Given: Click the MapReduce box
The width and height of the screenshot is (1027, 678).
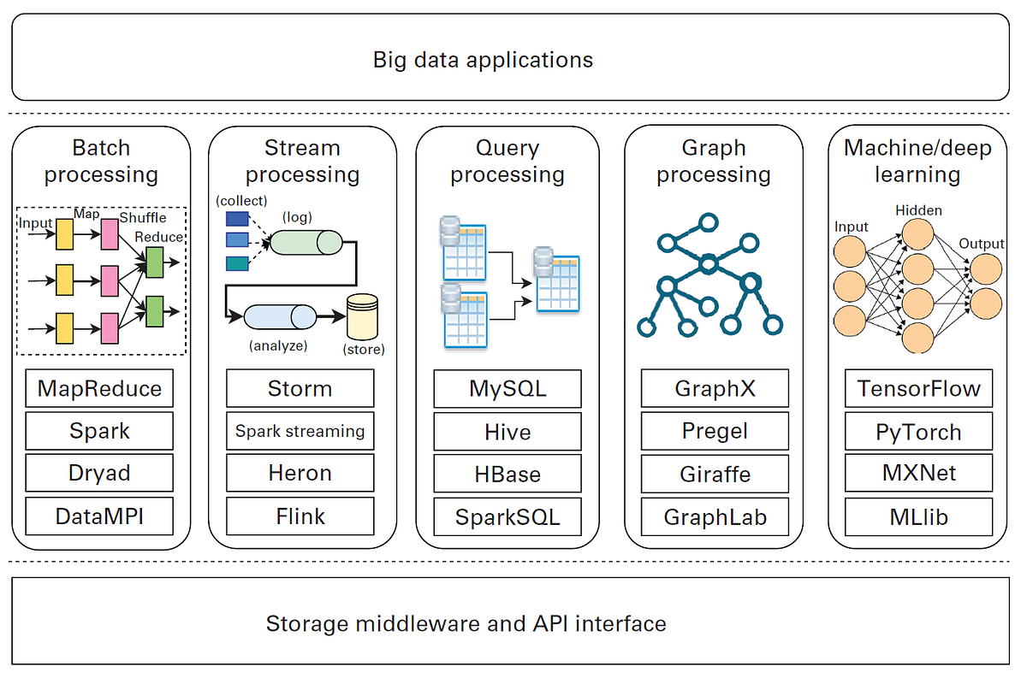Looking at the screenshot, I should [x=99, y=388].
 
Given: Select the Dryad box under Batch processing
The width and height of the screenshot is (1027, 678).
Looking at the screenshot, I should [x=99, y=474].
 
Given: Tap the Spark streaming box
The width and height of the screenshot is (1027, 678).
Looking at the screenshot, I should [x=300, y=431].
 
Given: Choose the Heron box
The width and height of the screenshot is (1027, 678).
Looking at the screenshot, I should [x=300, y=474].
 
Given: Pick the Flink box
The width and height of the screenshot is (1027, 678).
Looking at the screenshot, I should [x=300, y=516].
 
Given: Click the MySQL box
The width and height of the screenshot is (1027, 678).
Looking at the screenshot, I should [x=508, y=388].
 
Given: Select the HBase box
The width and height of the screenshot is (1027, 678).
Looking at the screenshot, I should [x=508, y=474].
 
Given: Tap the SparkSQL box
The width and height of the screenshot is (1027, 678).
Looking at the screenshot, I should [x=508, y=516].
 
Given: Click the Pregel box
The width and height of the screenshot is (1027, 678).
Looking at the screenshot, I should [x=715, y=431].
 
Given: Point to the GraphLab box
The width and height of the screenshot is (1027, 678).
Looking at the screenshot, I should [x=715, y=516].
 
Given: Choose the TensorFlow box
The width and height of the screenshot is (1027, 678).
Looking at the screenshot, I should [x=919, y=388].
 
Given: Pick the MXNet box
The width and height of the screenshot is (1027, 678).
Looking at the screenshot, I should [x=919, y=474].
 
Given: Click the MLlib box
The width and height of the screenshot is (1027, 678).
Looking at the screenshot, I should [x=919, y=516].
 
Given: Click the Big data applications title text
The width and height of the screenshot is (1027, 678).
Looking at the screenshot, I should [x=483, y=60].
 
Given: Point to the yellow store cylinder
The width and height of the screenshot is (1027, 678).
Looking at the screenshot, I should [x=362, y=317].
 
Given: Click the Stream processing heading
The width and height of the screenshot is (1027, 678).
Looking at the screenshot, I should [x=302, y=162].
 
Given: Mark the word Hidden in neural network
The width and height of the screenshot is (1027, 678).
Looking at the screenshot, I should [x=918, y=210].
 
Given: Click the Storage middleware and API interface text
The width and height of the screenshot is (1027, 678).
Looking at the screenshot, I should [x=466, y=623].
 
